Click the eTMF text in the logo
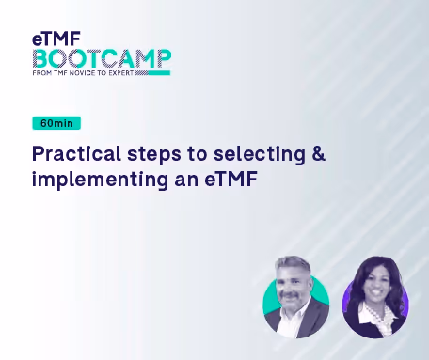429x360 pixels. tap(56, 39)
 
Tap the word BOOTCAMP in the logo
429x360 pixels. tap(102, 58)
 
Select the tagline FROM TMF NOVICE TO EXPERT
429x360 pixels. tap(83, 73)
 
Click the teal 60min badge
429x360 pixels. tap(56, 123)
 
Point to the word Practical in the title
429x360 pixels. tap(76, 153)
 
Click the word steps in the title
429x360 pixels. tap(154, 155)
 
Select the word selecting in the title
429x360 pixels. tap(260, 154)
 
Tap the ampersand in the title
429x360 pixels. tap(319, 153)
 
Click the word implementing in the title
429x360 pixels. tap(100, 180)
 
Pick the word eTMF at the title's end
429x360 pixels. tap(231, 180)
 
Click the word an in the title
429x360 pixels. tap(186, 180)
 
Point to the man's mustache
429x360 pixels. tap(291, 296)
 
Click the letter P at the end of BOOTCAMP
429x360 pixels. tap(164, 58)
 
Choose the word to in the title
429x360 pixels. tap(198, 154)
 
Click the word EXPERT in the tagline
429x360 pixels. tap(121, 73)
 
